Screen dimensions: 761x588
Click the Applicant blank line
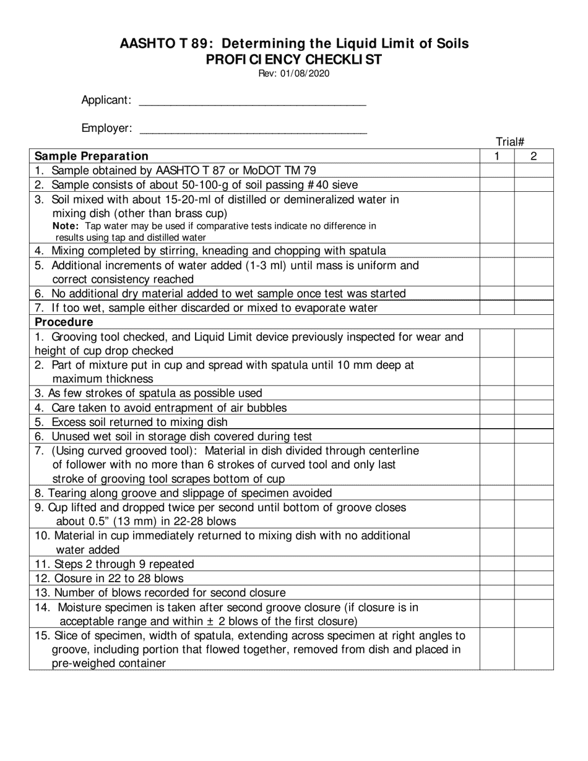click(x=253, y=101)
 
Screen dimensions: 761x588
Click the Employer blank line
click(x=254, y=129)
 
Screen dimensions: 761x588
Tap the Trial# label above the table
click(x=511, y=142)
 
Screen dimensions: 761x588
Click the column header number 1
click(x=497, y=157)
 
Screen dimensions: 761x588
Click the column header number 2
click(x=534, y=157)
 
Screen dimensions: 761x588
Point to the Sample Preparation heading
click(x=92, y=157)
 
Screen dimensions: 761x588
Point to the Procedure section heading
click(x=64, y=322)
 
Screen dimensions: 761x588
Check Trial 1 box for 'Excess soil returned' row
click(x=497, y=423)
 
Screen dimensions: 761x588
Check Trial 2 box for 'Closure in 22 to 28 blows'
click(x=534, y=578)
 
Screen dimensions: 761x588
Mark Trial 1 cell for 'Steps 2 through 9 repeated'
click(x=497, y=564)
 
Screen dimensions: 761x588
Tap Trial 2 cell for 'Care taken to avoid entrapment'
click(x=534, y=408)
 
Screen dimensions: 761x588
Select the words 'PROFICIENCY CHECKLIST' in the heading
click(x=294, y=59)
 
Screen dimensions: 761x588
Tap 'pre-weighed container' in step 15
click(x=109, y=664)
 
